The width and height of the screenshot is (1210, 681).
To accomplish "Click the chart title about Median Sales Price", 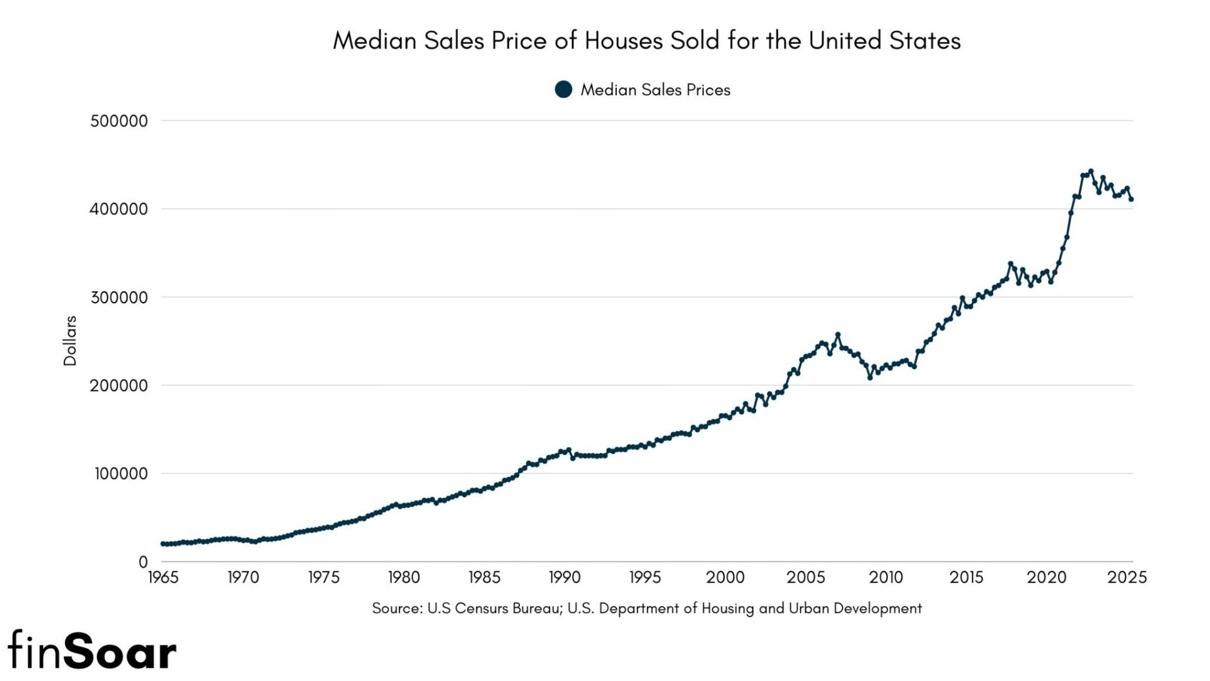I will click(647, 41).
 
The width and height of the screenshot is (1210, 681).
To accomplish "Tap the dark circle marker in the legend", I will click(563, 90).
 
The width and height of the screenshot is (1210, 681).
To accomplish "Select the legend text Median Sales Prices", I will click(655, 90).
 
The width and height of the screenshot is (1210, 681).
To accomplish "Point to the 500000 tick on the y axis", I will click(119, 121).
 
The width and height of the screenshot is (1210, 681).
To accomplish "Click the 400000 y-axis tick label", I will click(119, 209).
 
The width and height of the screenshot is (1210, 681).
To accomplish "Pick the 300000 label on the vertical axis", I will click(119, 298).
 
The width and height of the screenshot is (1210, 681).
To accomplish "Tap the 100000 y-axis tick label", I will click(121, 474).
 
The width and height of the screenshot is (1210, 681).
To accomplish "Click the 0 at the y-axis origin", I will click(143, 561).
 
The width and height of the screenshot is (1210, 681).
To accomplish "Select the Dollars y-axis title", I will click(70, 340).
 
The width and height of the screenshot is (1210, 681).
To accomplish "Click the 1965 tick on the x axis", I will click(163, 578).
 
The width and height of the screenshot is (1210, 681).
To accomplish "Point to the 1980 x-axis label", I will click(404, 578).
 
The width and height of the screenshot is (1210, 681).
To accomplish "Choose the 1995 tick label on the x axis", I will click(645, 578).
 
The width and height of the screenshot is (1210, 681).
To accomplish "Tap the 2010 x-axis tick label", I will click(886, 578).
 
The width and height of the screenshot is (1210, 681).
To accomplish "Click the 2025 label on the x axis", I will click(1127, 578).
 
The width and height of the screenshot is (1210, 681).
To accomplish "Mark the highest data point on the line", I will click(1091, 171).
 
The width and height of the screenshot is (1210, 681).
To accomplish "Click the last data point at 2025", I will click(1131, 200).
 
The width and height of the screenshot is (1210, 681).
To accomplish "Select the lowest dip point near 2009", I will click(870, 378).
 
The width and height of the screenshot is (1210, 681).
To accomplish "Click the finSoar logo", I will click(92, 651).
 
